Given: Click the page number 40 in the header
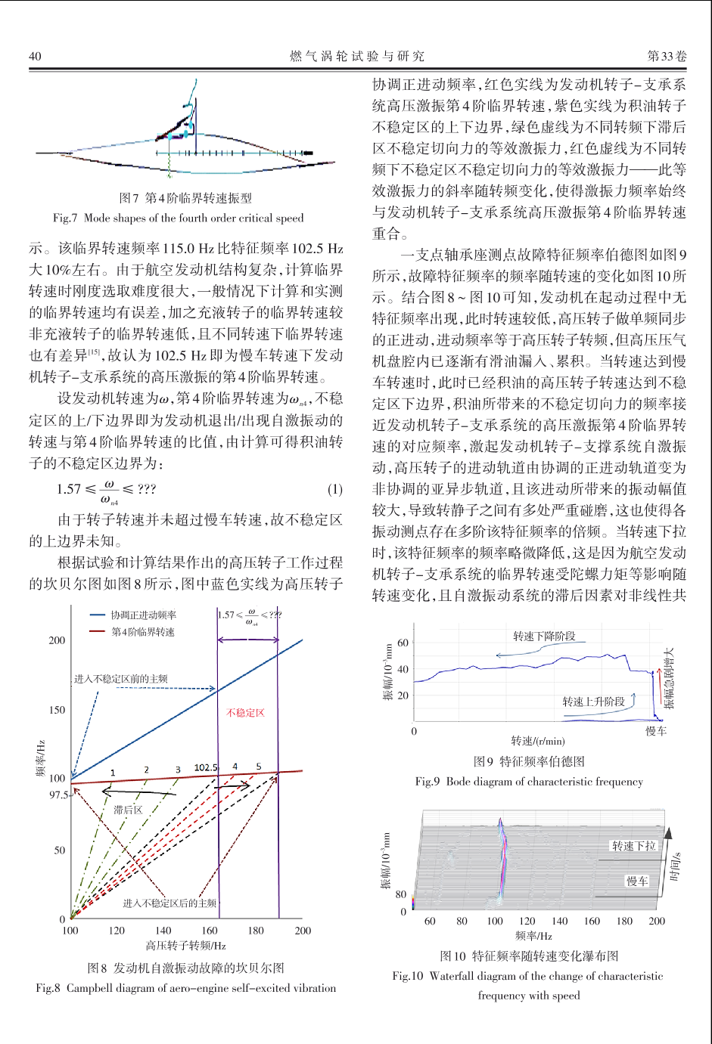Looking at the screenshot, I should coord(35,56).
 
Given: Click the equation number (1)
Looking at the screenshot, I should coord(334,489).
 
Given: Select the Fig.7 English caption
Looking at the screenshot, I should coord(178,218).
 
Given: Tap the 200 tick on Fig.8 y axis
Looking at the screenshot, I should coord(58,640).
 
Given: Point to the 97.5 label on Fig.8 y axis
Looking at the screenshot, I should coord(58,795).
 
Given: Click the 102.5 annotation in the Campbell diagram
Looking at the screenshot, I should coord(206,767).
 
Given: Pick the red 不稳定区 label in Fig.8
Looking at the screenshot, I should coord(246,712).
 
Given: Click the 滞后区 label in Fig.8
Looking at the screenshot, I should coord(128,810).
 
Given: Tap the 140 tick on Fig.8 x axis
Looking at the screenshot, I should coord(163,931).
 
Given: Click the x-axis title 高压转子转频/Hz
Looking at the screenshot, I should coord(186,945).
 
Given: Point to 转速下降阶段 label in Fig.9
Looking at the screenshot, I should coord(544,637).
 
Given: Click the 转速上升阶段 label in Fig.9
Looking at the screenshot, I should coord(593,702).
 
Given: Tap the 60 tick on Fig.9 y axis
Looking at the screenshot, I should coord(403,643).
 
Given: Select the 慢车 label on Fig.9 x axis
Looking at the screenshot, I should coord(656,731).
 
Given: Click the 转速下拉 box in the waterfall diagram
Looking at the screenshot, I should coord(634,846).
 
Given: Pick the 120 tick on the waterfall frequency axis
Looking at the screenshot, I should coord(527,921).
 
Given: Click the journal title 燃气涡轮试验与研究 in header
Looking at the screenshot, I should coord(357,56).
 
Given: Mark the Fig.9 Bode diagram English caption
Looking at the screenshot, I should coord(529,781).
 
